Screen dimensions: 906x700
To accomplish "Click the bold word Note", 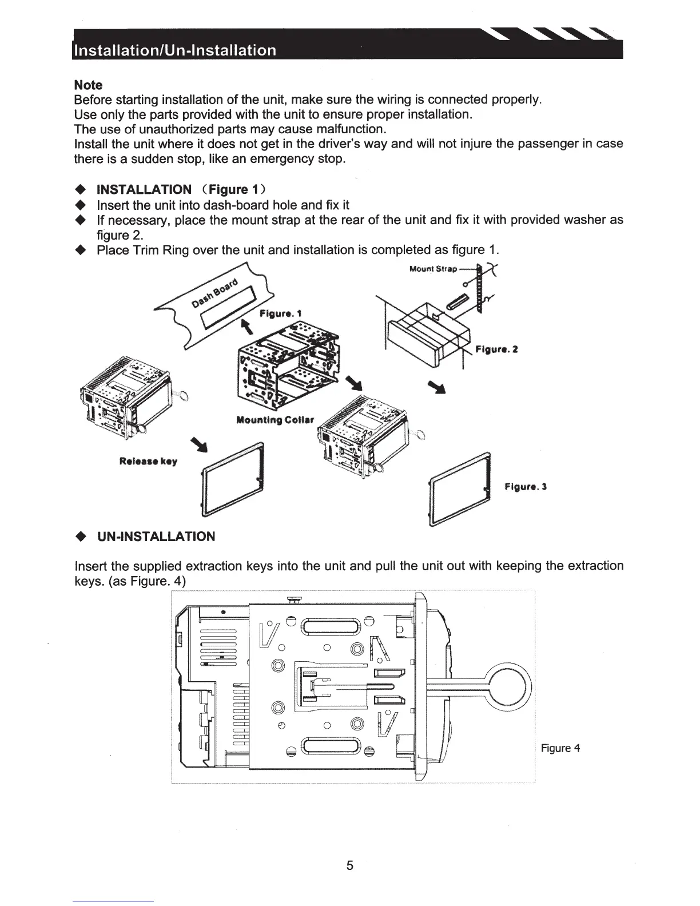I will point(89,85).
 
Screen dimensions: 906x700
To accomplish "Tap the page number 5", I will point(350,865).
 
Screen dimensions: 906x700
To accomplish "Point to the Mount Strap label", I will point(433,269).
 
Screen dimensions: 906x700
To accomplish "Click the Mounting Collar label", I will point(275,420).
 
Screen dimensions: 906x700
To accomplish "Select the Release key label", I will point(148,461).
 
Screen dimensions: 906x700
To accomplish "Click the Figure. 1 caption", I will point(280,313).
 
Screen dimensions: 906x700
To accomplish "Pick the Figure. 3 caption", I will point(526,487).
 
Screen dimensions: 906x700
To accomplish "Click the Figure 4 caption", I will point(560,748).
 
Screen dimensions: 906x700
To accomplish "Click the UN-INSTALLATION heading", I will point(156,537).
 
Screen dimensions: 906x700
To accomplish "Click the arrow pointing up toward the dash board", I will point(248,327).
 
